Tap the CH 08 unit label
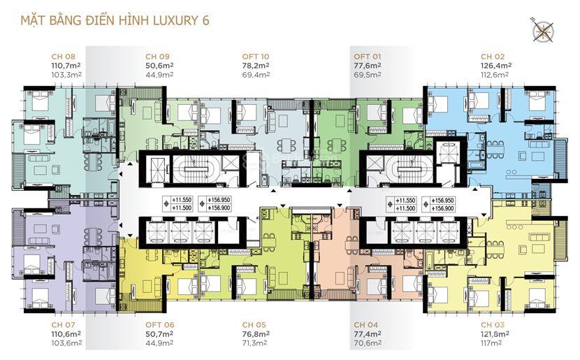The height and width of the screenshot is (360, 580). [64, 57]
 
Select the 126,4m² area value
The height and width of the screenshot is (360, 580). [496, 66]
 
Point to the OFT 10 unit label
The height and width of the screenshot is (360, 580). [256, 57]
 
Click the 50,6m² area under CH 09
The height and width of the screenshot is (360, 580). [159, 66]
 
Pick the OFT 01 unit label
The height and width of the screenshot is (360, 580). [367, 57]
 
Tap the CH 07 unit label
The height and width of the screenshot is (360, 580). [64, 325]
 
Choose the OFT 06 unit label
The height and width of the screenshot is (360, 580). [160, 325]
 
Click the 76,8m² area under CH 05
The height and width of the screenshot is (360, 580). [256, 333]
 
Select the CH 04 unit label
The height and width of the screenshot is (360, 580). [366, 325]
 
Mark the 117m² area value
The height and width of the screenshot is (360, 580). [491, 343]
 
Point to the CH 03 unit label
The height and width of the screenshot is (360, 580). [493, 325]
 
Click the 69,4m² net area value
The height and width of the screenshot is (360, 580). [256, 75]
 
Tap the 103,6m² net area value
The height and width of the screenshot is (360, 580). [66, 343]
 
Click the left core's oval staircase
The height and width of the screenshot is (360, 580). [195, 169]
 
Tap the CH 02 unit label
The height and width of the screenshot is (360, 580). [493, 57]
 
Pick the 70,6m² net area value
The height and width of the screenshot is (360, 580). [368, 343]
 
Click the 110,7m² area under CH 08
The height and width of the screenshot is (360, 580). [66, 66]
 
